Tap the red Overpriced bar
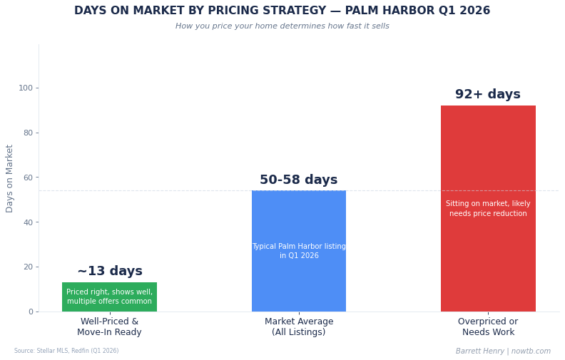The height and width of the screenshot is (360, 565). tap(488, 257)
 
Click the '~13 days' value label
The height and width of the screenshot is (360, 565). tap(110, 272)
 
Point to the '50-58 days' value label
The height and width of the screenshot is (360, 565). tap(298, 180)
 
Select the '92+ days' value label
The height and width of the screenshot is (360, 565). tap(488, 95)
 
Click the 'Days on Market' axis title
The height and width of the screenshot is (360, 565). tap(10, 178)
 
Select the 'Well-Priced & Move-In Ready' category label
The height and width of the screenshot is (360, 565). tap(109, 327)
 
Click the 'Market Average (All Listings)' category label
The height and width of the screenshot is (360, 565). tap(298, 327)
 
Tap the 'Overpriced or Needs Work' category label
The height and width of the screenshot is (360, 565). tap(488, 327)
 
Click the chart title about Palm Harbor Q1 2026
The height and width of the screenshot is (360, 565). tap(282, 11)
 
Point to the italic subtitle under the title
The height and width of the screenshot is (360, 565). tap(282, 26)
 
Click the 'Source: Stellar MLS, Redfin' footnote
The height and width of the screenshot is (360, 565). tap(66, 351)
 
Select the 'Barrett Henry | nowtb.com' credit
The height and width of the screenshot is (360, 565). tap(503, 351)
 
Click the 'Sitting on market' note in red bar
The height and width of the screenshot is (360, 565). tap(488, 209)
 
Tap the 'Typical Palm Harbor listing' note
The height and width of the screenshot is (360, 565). tap(298, 251)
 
